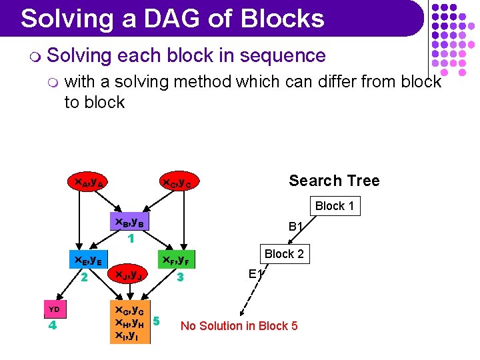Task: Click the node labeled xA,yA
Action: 87,181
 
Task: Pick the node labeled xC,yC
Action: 177,182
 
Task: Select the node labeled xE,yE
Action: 87,260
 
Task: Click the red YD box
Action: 55,309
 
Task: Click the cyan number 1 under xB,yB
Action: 131,237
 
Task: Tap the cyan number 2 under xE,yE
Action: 85,276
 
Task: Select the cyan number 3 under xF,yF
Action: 178,276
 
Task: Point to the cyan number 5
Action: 156,321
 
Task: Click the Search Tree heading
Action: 334,181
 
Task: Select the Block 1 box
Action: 334,206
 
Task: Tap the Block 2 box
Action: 283,254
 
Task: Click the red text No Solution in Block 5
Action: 239,325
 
